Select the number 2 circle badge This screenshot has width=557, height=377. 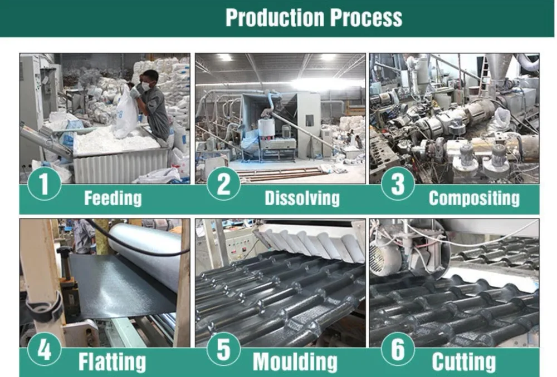[x=223, y=183]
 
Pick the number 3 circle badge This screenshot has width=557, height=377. [x=398, y=183]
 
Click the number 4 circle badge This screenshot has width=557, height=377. [x=45, y=350]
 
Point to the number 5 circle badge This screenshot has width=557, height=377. [x=223, y=349]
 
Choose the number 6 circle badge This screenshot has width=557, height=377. [x=398, y=349]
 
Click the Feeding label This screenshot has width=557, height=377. [x=113, y=198]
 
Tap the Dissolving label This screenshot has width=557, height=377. [x=302, y=198]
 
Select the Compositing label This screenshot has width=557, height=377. [x=474, y=198]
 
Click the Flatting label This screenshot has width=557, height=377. [x=112, y=362]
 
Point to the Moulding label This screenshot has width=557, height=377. [x=295, y=362]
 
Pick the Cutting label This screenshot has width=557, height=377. [x=463, y=362]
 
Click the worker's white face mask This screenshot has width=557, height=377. [x=146, y=87]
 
